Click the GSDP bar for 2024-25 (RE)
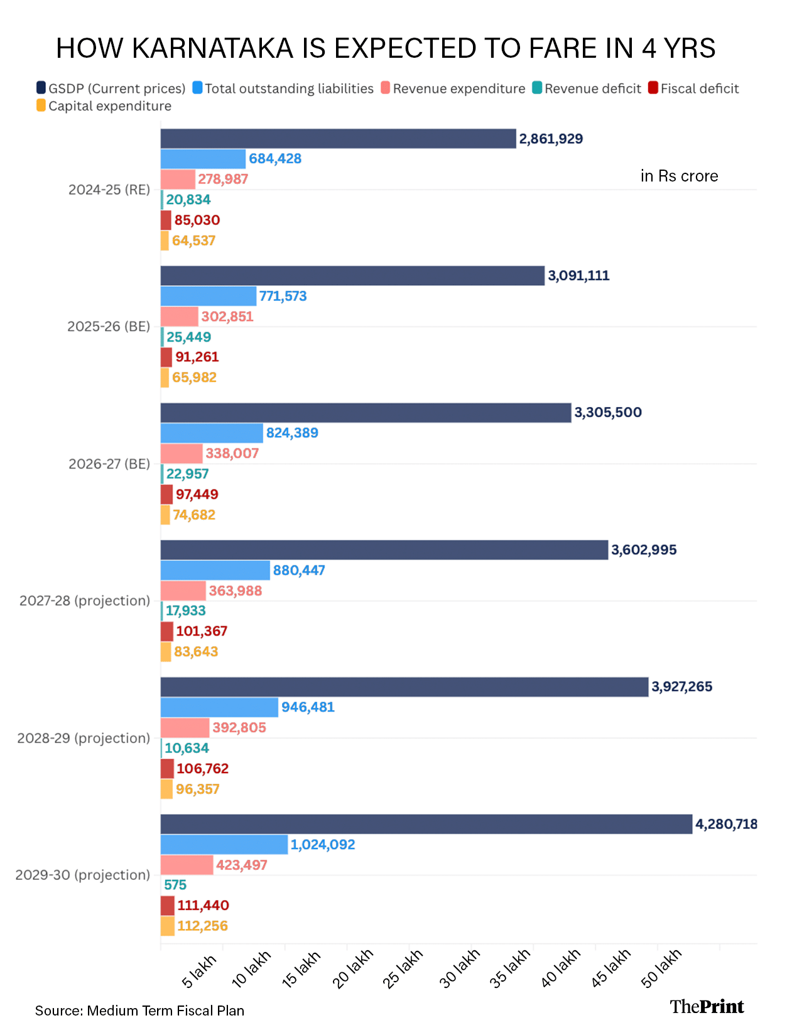coord(338,139)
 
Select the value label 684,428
coord(275,159)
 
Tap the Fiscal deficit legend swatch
coord(653,88)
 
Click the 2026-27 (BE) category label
coord(109,464)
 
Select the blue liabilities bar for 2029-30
coord(224,845)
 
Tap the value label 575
coord(175,885)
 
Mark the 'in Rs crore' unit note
coord(679,176)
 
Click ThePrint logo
coord(707,1007)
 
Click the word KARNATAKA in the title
coord(213,48)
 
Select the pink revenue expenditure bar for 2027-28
coord(183,591)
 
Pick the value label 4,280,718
coord(726,824)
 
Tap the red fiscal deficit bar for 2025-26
coord(166,357)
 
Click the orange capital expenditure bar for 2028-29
coord(166,789)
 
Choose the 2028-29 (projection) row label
coord(84,739)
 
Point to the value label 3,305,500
coord(608,413)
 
